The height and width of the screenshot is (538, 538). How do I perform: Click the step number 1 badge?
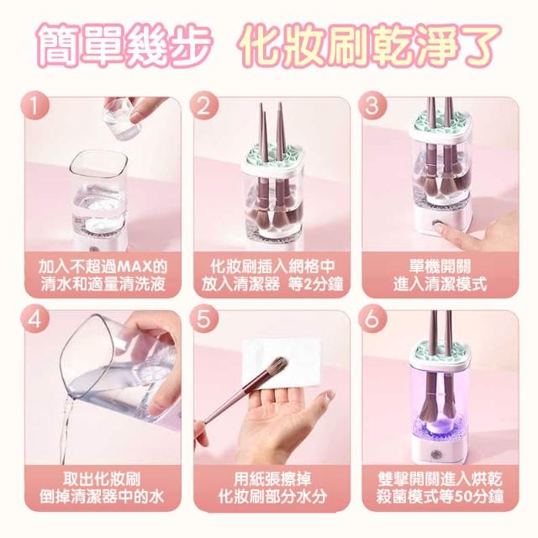[x=35, y=106]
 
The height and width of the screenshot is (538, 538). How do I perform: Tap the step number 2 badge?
[x=203, y=106]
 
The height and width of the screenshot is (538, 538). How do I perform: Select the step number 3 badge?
[x=372, y=106]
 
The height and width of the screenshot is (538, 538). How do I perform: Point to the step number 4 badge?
[x=35, y=319]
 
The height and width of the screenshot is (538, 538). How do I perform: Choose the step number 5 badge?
[x=203, y=319]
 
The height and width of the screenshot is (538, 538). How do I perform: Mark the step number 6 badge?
[x=372, y=319]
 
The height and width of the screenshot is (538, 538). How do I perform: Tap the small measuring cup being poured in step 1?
[x=121, y=119]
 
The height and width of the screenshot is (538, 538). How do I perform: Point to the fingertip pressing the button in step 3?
[x=440, y=225]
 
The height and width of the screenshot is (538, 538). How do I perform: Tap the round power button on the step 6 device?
[x=437, y=454]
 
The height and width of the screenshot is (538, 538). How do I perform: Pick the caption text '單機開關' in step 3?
[x=440, y=266]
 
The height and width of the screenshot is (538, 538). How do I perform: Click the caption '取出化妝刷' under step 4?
[x=102, y=479]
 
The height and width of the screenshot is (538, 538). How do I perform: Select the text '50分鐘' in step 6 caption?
[x=477, y=497]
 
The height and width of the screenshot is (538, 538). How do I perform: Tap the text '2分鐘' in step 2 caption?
[x=320, y=284]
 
